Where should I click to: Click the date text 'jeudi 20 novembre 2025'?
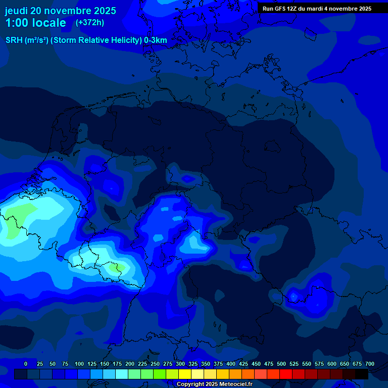[61, 11]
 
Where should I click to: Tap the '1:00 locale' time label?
[36, 23]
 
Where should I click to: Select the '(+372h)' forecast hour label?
[90, 23]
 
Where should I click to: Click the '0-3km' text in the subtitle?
[155, 40]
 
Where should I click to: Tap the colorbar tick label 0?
[26, 364]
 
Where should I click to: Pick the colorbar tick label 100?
[79, 364]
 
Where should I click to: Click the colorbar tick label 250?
[155, 364]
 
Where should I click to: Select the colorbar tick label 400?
[231, 364]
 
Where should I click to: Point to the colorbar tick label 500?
[281, 364]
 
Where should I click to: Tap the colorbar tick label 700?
[370, 364]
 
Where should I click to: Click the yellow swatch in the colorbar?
[185, 374]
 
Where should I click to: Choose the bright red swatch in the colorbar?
[286, 374]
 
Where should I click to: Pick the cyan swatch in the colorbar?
[122, 374]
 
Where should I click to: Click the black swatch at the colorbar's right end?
[362, 374]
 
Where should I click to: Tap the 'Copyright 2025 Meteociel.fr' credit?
[214, 384]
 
